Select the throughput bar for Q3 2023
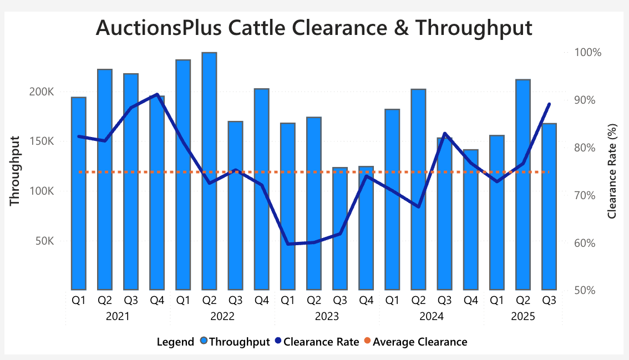pos(340,227)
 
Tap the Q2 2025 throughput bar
pos(523,183)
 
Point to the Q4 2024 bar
pos(471,222)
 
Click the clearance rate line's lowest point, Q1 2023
pos(288,244)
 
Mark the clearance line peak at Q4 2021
pos(158,94)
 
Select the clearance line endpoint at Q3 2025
pos(549,104)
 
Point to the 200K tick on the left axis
pos(42,92)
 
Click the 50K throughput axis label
pos(44,241)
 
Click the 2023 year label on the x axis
pos(327,317)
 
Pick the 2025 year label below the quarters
pos(523,317)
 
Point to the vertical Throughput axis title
pos(15,171)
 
